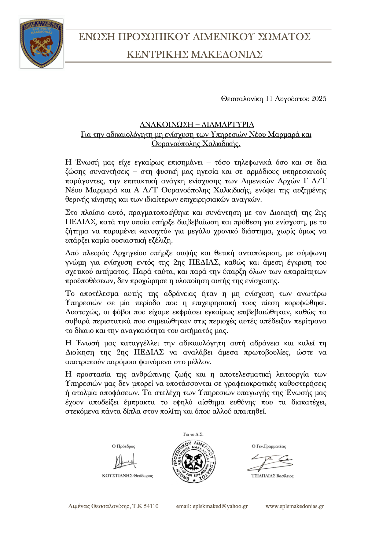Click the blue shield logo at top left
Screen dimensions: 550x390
(42, 43)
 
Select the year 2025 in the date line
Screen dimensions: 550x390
(319, 98)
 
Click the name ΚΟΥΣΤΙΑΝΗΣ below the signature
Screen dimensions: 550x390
(117, 476)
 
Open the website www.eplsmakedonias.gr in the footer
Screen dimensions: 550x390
(295, 506)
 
